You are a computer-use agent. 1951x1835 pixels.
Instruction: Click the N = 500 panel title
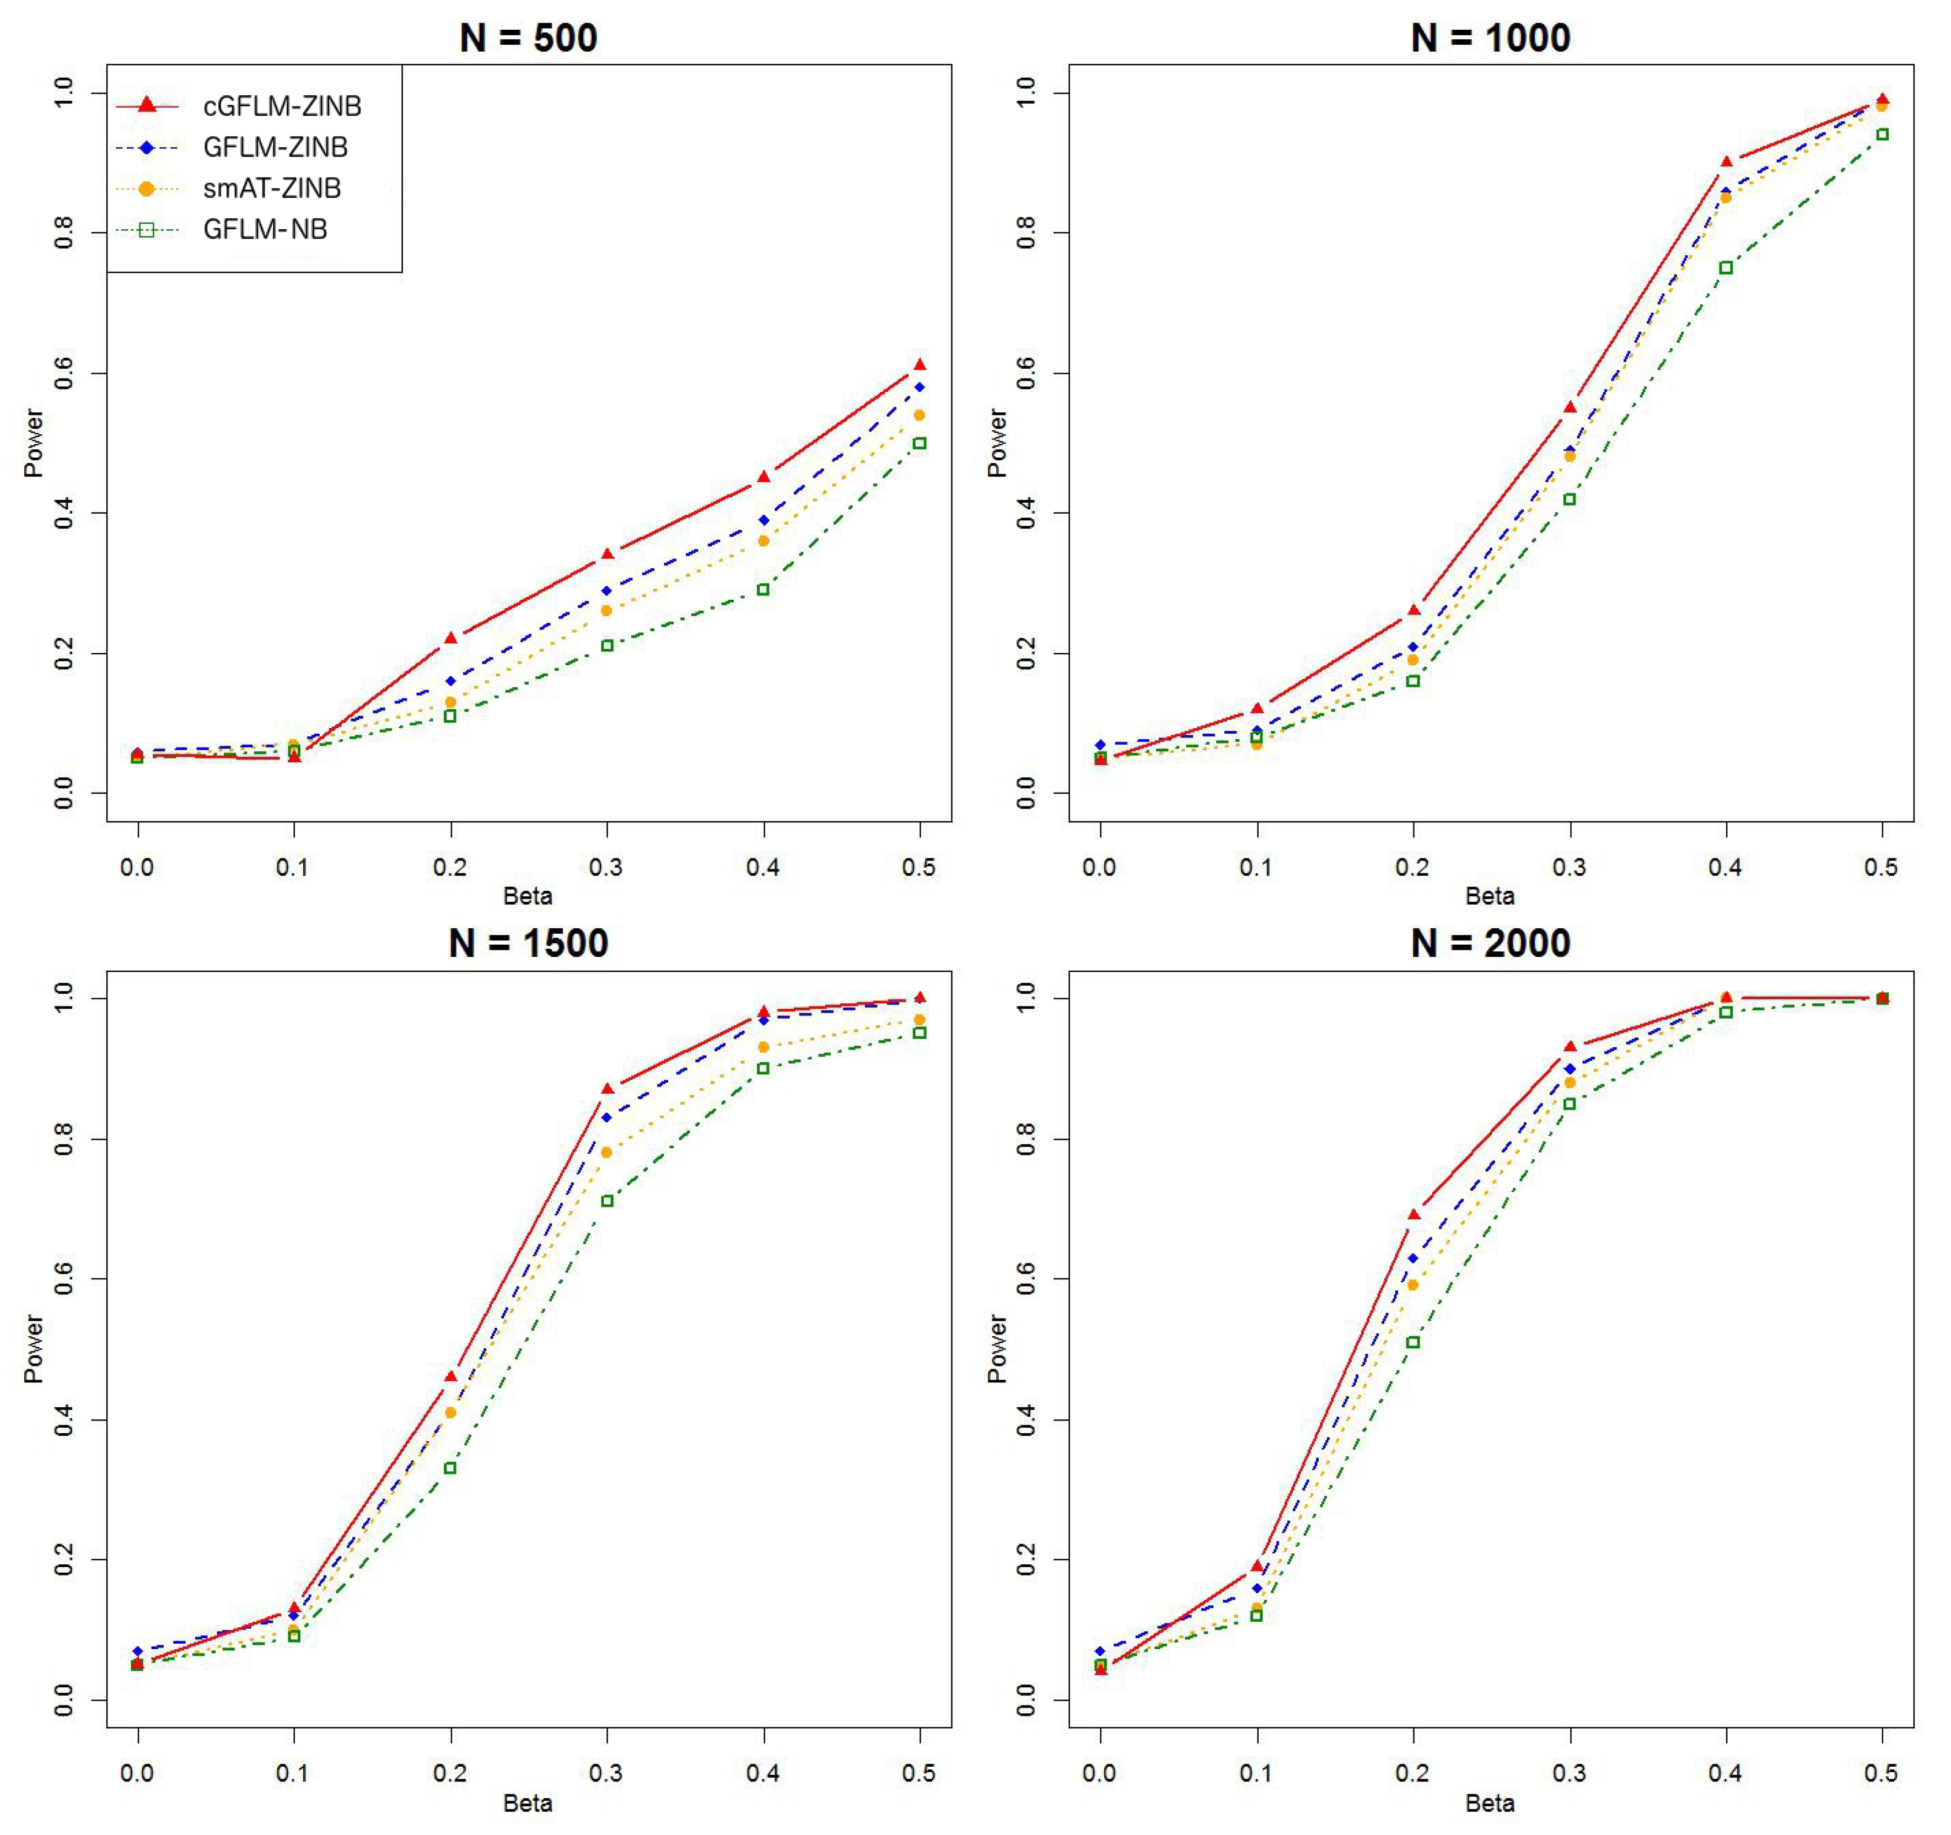pyautogui.click(x=528, y=37)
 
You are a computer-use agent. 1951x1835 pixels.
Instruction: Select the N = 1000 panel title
pyautogui.click(x=1490, y=37)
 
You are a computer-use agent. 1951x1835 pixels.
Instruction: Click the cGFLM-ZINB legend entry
pyautogui.click(x=282, y=106)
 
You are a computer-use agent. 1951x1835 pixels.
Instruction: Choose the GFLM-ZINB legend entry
pyautogui.click(x=275, y=147)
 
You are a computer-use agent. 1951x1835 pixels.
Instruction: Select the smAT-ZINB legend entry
pyautogui.click(x=272, y=189)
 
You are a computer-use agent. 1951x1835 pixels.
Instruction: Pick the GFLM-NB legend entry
pyautogui.click(x=265, y=230)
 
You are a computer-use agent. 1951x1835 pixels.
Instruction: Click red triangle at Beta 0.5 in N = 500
pyautogui.click(x=920, y=365)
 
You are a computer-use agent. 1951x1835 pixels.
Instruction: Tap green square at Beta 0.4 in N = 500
pyautogui.click(x=764, y=590)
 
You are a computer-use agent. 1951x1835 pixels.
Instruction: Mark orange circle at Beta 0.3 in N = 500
pyautogui.click(x=606, y=610)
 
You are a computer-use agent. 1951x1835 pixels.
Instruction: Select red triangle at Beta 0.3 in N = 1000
pyautogui.click(x=1570, y=407)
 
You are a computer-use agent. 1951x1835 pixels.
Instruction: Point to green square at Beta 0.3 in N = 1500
pyautogui.click(x=606, y=1201)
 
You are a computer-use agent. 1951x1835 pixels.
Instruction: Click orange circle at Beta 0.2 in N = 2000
pyautogui.click(x=1413, y=1284)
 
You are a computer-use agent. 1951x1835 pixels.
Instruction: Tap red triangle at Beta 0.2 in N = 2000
pyautogui.click(x=1413, y=1215)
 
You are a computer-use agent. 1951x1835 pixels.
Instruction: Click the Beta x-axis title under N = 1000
pyautogui.click(x=1490, y=896)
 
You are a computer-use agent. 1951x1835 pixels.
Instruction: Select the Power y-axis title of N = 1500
pyautogui.click(x=34, y=1349)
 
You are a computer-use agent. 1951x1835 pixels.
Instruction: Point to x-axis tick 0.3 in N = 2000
pyautogui.click(x=1570, y=1773)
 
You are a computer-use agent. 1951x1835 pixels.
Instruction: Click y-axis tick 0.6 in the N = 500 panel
pyautogui.click(x=64, y=374)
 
